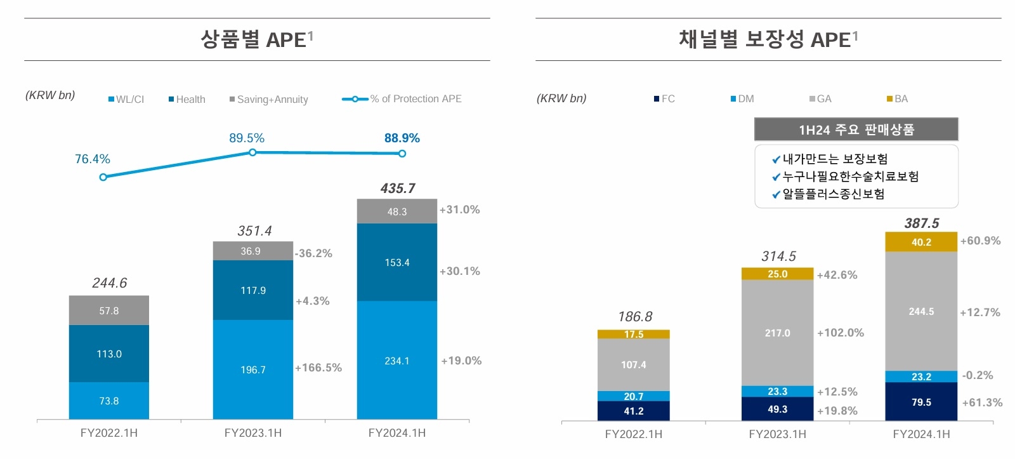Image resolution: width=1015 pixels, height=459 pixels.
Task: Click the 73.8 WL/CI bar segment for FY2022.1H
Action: (x=109, y=401)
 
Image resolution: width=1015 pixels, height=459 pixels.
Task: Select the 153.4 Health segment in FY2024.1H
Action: (x=397, y=262)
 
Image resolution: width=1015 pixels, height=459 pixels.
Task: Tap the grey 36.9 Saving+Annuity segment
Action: (x=252, y=251)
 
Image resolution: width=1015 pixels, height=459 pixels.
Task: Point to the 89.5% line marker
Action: (x=252, y=152)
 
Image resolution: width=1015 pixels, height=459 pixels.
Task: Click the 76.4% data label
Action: (x=93, y=159)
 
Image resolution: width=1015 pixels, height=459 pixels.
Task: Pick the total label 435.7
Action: (x=398, y=189)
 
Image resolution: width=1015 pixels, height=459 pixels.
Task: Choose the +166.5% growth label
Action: (x=318, y=368)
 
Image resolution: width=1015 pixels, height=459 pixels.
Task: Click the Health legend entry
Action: (x=187, y=99)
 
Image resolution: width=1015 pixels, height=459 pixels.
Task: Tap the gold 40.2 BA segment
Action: (x=921, y=242)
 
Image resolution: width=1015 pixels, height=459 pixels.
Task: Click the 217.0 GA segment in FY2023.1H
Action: (x=777, y=333)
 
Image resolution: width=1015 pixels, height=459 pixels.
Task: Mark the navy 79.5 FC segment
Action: (x=921, y=402)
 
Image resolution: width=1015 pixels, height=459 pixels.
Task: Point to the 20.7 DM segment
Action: (x=633, y=396)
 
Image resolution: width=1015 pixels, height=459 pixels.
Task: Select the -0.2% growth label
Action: (x=978, y=375)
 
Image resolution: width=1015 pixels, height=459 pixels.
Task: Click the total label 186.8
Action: (x=635, y=317)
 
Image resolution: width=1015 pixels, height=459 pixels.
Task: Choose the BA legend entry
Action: (x=898, y=99)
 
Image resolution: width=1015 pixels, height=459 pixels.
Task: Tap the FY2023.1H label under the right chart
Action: (x=777, y=434)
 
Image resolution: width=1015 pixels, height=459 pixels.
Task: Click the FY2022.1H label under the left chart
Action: (x=109, y=433)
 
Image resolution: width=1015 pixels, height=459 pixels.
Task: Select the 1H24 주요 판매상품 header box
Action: (x=856, y=130)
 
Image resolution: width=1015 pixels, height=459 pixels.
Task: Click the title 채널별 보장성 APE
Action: (x=768, y=39)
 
